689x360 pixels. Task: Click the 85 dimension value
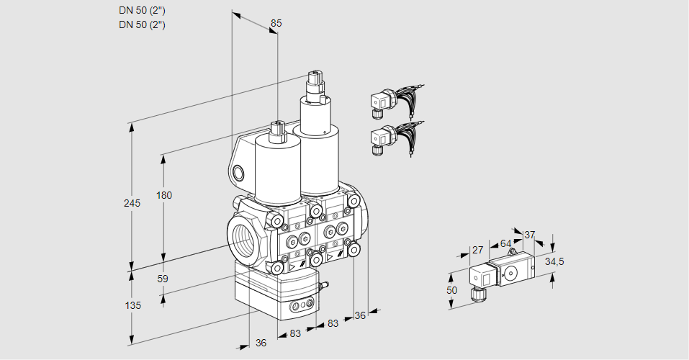(276, 23)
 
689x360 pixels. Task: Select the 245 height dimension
(131, 203)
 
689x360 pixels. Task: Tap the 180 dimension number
(165, 195)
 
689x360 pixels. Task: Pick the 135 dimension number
(132, 305)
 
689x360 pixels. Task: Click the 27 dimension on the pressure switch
(476, 251)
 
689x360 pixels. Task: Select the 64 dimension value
(505, 243)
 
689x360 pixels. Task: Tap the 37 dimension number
(530, 235)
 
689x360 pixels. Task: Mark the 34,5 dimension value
(554, 261)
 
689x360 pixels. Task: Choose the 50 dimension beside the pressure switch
(451, 290)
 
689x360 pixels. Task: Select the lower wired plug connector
(381, 137)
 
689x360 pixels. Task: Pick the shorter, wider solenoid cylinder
(276, 169)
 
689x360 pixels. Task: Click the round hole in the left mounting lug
(239, 172)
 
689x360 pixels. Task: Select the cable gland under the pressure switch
(476, 293)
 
